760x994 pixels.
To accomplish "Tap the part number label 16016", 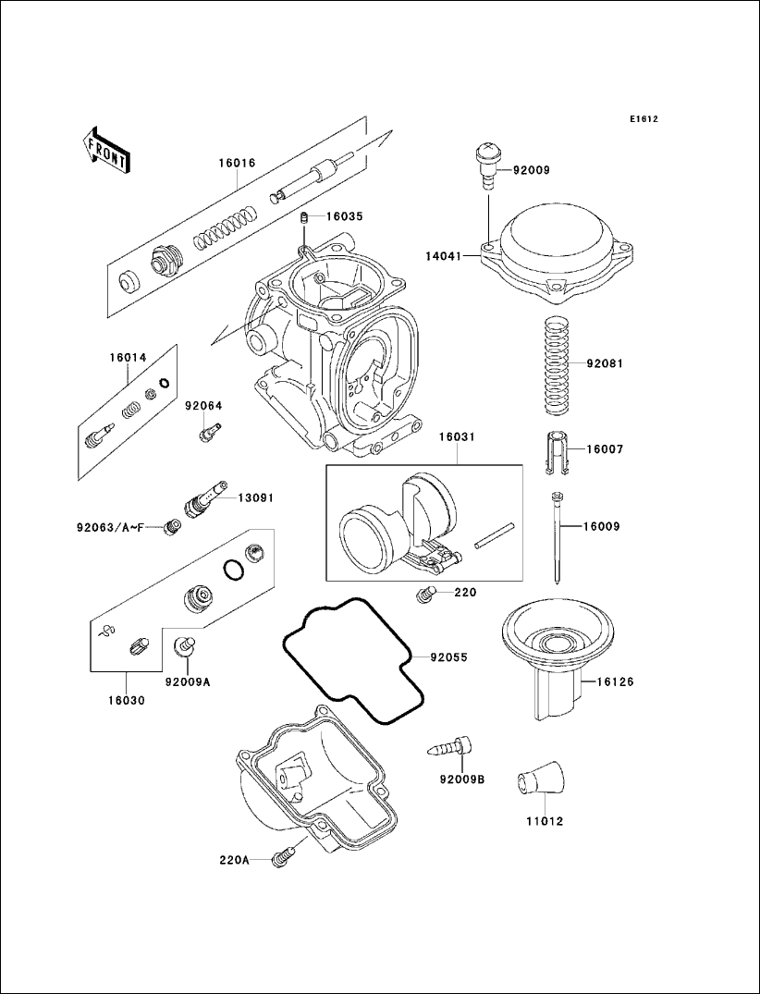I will (x=237, y=163).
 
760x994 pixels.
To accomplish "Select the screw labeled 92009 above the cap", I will (x=486, y=163).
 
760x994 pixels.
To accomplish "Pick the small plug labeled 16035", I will (x=302, y=218).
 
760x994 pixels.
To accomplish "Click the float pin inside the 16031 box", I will (x=494, y=538).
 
